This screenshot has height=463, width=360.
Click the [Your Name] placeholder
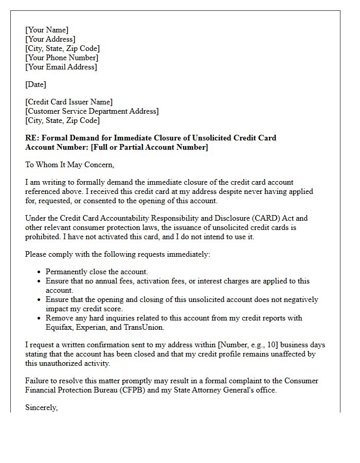tap(47, 30)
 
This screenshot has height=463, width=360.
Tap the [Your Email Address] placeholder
tap(61, 67)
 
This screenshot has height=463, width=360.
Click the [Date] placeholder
tap(35, 84)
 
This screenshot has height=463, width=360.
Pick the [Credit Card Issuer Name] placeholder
tap(69, 102)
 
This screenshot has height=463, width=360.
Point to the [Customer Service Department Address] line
tap(92, 111)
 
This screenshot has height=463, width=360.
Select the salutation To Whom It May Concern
tap(69, 165)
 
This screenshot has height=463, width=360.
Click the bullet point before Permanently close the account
tap(39, 272)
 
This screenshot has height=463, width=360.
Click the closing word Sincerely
tap(42, 407)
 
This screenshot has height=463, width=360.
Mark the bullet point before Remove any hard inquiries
tap(39, 318)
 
